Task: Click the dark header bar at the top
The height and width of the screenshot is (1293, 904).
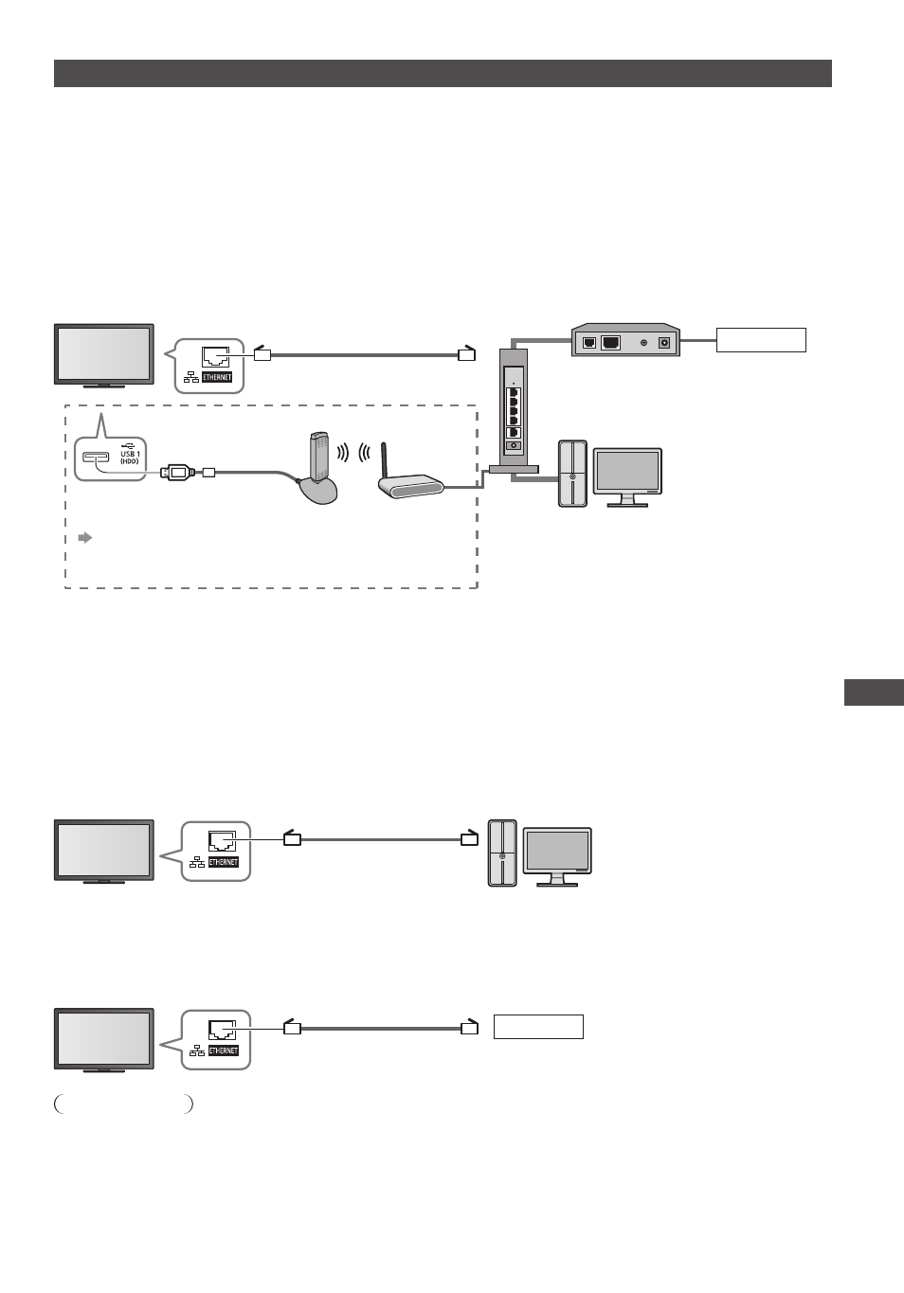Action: [x=443, y=73]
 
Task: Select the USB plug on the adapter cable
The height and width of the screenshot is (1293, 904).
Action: [x=178, y=472]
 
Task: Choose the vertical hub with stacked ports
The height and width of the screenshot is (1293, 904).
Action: [x=514, y=410]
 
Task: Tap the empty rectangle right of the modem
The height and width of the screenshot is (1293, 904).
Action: [x=761, y=340]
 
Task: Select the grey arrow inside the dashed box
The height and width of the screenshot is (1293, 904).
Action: [x=85, y=538]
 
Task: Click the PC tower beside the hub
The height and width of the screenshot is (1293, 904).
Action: [x=572, y=474]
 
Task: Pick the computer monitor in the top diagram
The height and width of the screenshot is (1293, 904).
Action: [x=627, y=477]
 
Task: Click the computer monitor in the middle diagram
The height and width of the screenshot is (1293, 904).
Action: [x=557, y=856]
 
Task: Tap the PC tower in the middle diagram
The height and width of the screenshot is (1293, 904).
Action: [x=502, y=853]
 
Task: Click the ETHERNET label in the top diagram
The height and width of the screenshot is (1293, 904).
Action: [x=216, y=378]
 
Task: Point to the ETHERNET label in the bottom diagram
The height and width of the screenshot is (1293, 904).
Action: [x=224, y=1051]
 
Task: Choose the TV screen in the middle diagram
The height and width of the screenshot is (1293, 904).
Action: [x=104, y=849]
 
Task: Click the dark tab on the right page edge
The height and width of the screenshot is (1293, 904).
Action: [x=874, y=692]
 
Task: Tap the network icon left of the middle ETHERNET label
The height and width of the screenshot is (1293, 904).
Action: [x=197, y=862]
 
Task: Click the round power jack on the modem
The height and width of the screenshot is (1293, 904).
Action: [x=664, y=343]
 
